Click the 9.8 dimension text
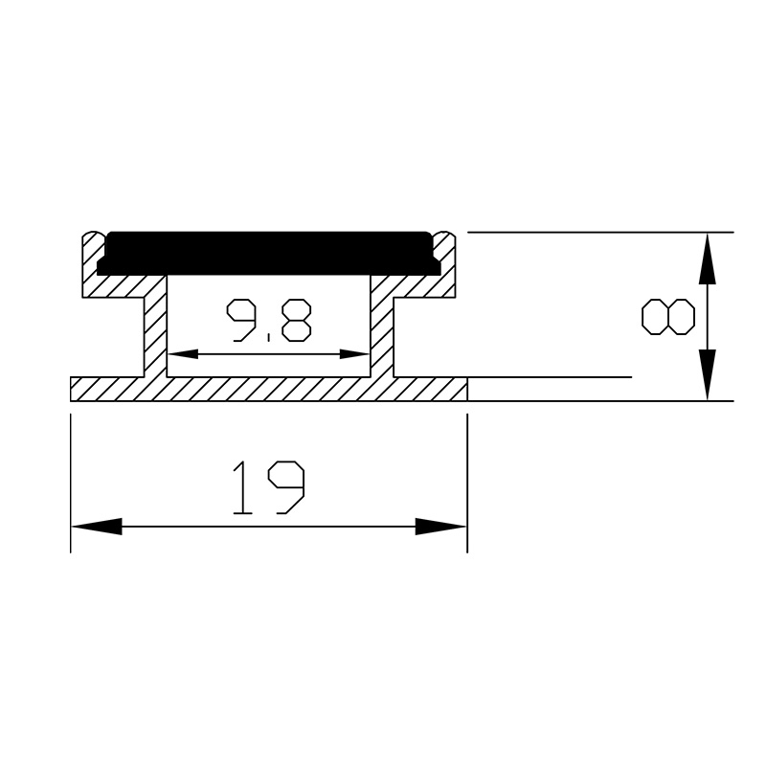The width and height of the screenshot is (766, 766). [268, 320]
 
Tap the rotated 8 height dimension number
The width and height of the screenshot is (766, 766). [667, 317]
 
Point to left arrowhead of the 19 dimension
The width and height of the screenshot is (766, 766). [96, 527]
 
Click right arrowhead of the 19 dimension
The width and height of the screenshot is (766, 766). [440, 527]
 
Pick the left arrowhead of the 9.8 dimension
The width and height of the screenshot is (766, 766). [182, 354]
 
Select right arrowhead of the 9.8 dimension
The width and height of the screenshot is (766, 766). [356, 354]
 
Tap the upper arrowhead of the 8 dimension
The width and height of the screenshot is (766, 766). [707, 259]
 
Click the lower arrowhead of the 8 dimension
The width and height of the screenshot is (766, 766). [707, 375]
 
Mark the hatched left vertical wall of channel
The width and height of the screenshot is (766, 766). [155, 330]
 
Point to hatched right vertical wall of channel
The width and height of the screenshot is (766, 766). [382, 330]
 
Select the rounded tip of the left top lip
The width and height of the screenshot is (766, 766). [92, 236]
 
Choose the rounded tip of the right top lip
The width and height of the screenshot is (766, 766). [446, 236]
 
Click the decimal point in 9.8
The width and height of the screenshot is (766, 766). [270, 338]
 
